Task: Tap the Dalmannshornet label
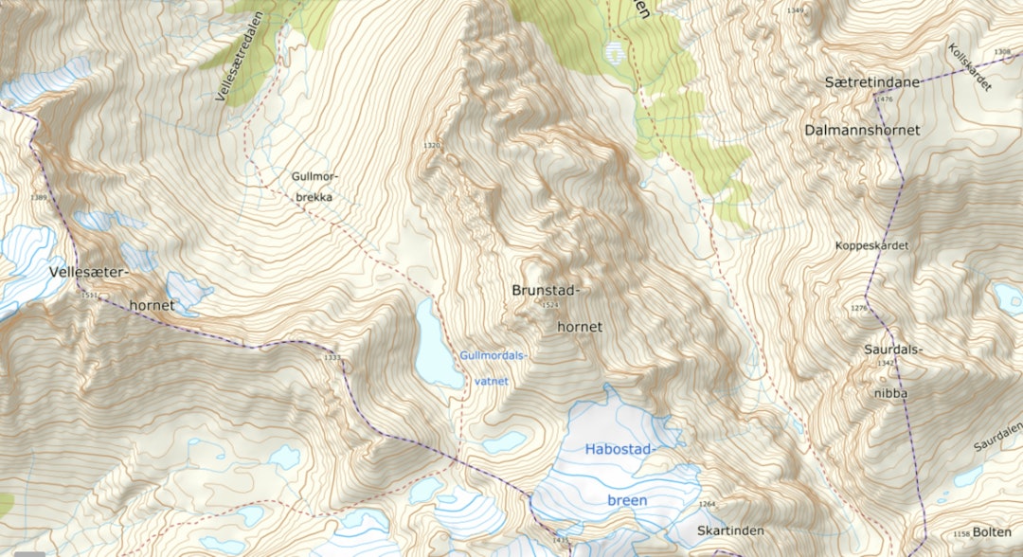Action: [x=862, y=130]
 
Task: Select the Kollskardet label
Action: [x=969, y=67]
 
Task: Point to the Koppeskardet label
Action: [x=871, y=245]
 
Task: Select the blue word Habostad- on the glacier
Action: [x=621, y=448]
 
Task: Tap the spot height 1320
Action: [x=432, y=146]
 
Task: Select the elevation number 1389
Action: [x=39, y=197]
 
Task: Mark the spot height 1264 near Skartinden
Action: [x=707, y=504]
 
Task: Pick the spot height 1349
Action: [x=795, y=10]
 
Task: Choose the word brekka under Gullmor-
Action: [x=314, y=197]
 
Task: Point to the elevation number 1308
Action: [x=1002, y=52]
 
